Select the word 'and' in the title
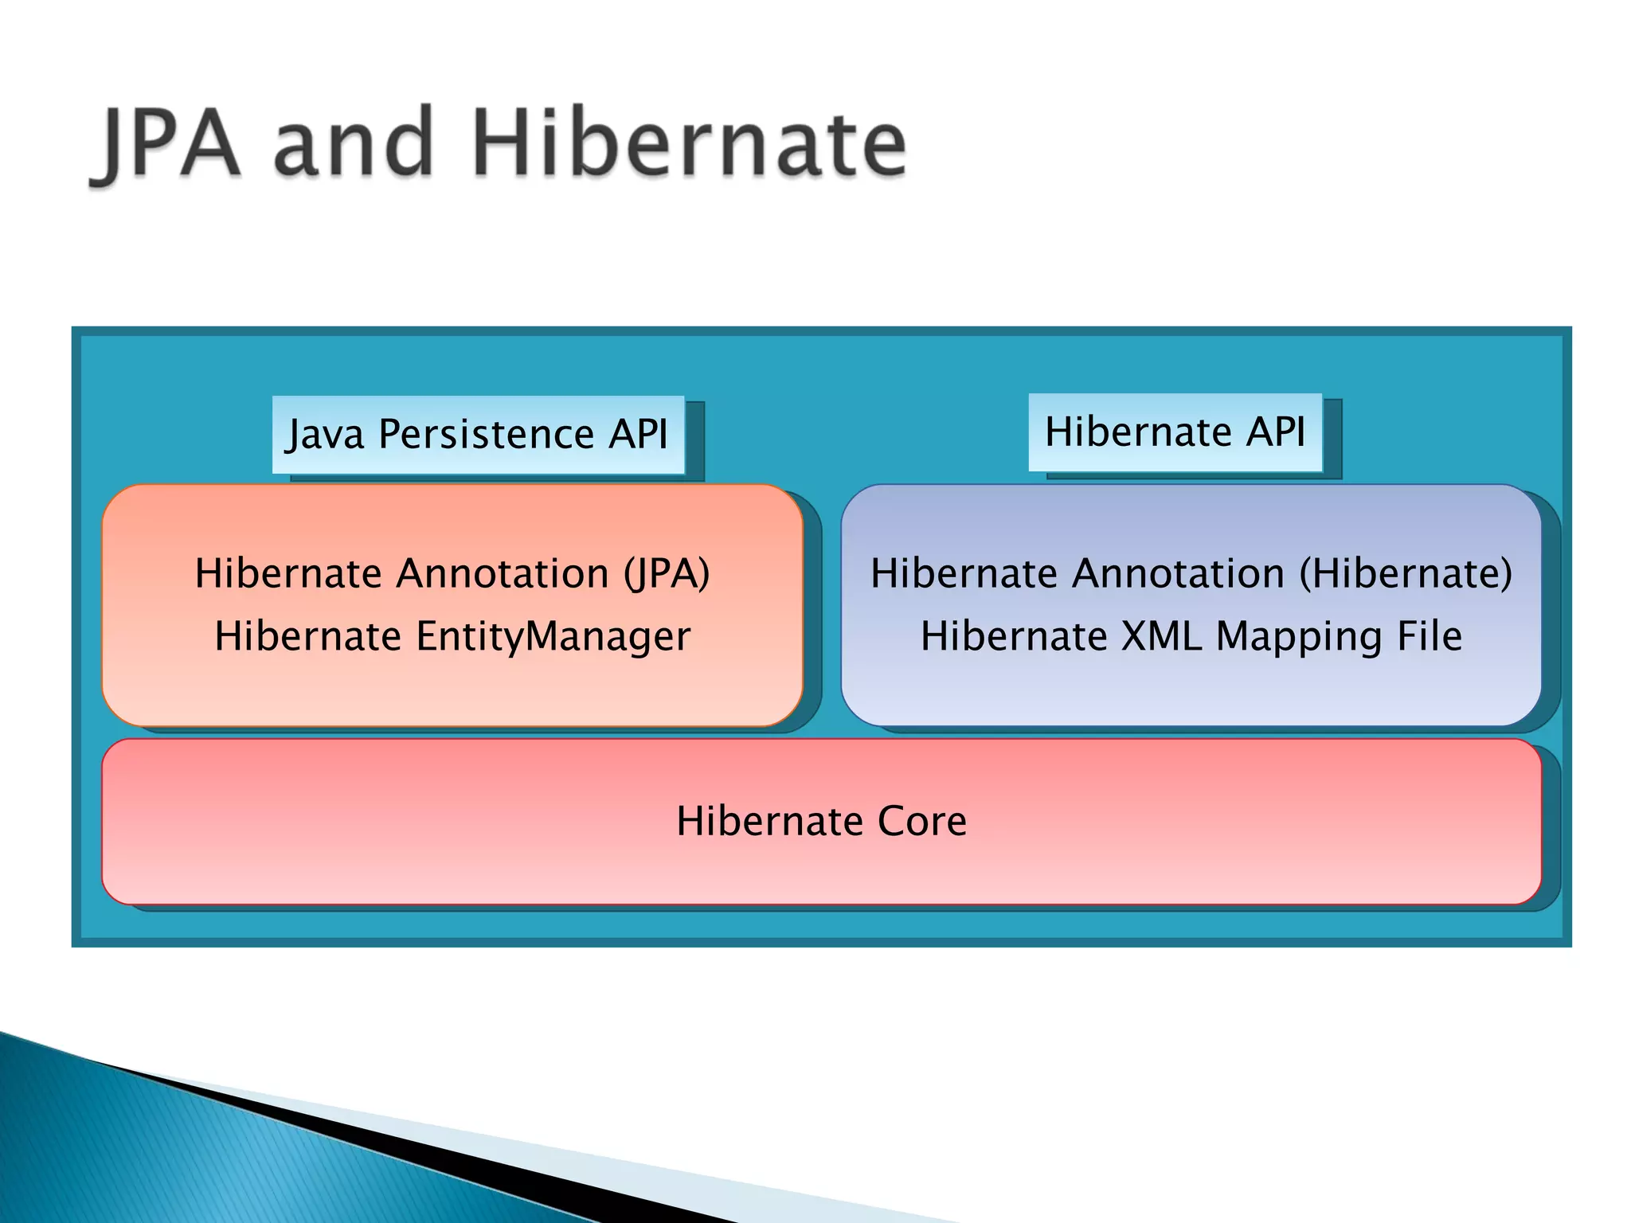click(354, 145)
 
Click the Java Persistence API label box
click(478, 435)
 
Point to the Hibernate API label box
click(1175, 432)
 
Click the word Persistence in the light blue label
click(486, 435)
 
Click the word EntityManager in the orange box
click(553, 637)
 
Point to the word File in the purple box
click(1430, 637)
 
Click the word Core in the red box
click(921, 822)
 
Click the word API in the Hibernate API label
click(1276, 432)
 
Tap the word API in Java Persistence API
click(638, 435)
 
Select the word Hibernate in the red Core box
click(770, 822)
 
